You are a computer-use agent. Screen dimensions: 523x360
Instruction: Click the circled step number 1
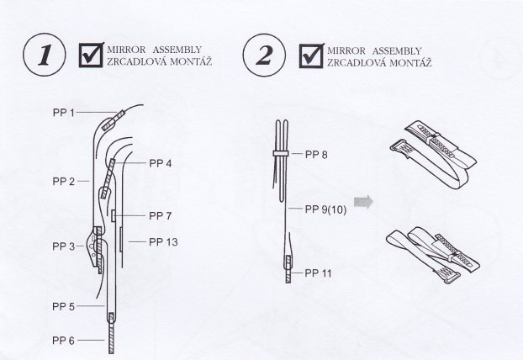tap(45, 55)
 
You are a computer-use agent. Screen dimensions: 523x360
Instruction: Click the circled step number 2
tap(264, 55)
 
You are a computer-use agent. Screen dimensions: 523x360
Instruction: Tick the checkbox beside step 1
tap(91, 55)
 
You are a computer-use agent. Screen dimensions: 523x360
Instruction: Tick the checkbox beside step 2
tap(311, 56)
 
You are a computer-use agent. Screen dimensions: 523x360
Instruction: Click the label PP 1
tap(64, 113)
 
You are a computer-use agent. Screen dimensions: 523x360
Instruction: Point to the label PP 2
tap(64, 182)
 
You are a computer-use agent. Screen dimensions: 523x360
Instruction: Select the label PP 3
tap(64, 246)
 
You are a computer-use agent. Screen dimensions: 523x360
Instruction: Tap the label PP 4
tap(161, 163)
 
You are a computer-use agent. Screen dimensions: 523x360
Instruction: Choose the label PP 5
tap(63, 306)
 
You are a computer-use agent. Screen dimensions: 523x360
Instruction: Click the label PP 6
tap(63, 341)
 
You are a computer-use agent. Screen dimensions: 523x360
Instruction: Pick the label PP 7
tap(161, 216)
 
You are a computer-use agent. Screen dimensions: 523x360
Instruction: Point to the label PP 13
tap(163, 242)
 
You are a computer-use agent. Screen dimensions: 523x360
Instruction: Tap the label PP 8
tap(316, 155)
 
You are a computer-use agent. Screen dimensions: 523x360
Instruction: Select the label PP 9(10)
tap(326, 209)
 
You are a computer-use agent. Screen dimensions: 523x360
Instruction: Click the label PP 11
tap(319, 273)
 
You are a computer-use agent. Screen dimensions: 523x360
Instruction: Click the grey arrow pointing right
tap(363, 202)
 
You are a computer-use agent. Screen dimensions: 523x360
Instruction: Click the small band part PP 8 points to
tap(281, 153)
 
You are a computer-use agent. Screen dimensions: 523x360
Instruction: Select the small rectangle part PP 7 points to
tap(114, 215)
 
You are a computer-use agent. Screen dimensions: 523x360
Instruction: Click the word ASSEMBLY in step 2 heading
tap(397, 51)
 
